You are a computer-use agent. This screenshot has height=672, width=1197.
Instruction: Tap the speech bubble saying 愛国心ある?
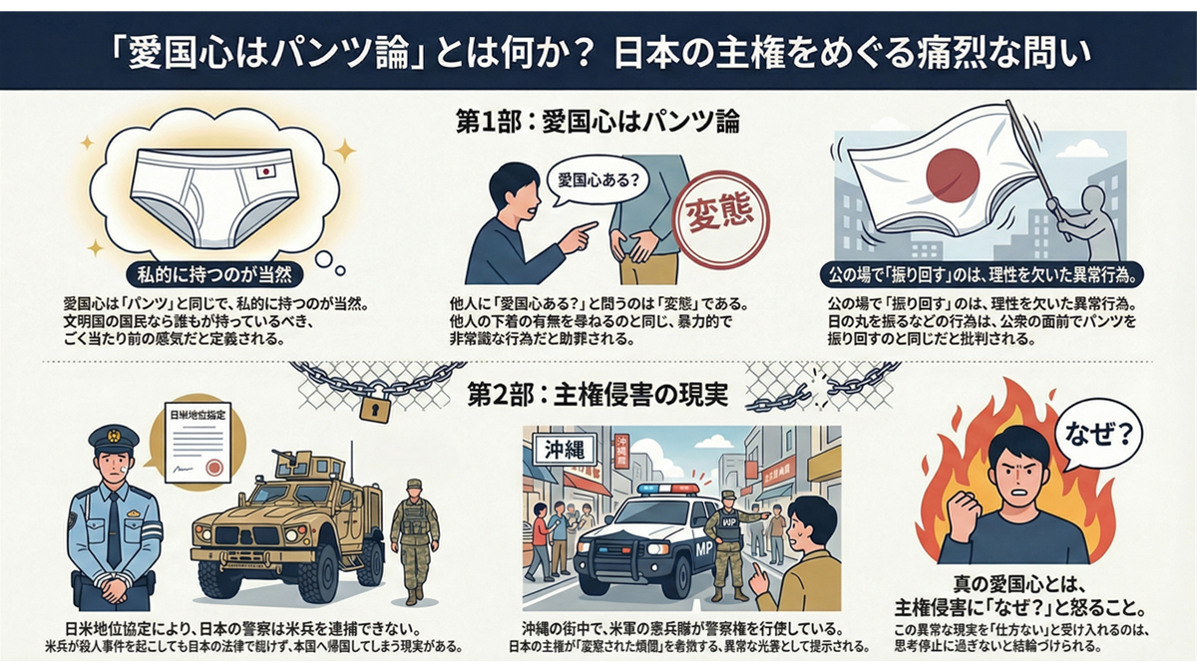[x=596, y=183]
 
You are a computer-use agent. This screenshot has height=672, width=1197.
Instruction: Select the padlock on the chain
[x=372, y=406]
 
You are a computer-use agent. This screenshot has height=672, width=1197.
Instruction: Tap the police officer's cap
[x=113, y=437]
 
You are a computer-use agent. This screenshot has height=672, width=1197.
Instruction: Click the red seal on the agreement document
[x=212, y=466]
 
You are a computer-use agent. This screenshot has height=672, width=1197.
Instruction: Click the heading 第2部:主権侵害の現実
[x=597, y=394]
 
